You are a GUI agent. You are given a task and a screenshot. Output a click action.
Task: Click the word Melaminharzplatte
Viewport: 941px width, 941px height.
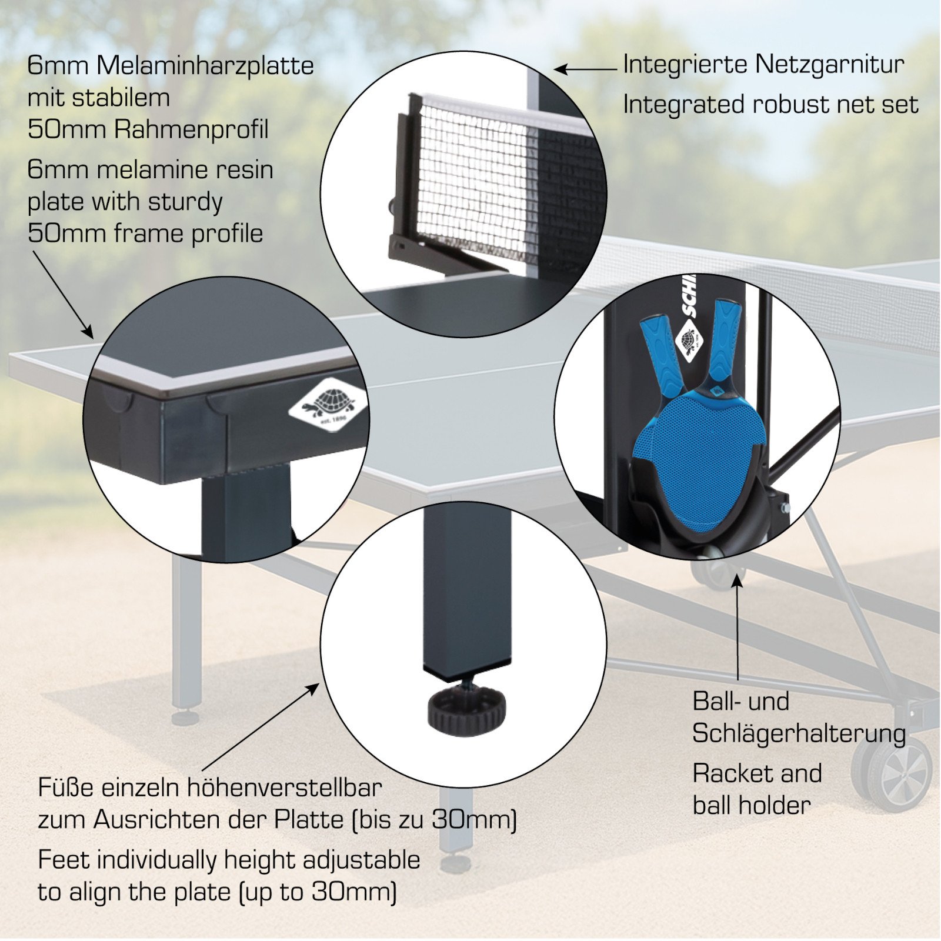point(205,65)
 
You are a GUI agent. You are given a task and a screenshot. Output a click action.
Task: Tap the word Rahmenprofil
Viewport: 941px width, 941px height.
point(191,129)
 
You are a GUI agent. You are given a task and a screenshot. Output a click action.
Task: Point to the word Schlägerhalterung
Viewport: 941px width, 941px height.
point(799,734)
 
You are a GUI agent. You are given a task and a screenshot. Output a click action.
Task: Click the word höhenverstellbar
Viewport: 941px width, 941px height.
point(285,788)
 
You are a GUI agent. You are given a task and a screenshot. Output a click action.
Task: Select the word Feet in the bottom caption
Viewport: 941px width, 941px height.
point(65,860)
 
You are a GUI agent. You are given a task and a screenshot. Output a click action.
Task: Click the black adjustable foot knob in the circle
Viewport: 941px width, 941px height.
point(466,709)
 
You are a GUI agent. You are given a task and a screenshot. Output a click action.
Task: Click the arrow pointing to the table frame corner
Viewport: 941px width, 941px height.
point(63,294)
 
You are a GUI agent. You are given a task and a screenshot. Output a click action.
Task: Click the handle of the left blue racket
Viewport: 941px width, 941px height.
point(660,353)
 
